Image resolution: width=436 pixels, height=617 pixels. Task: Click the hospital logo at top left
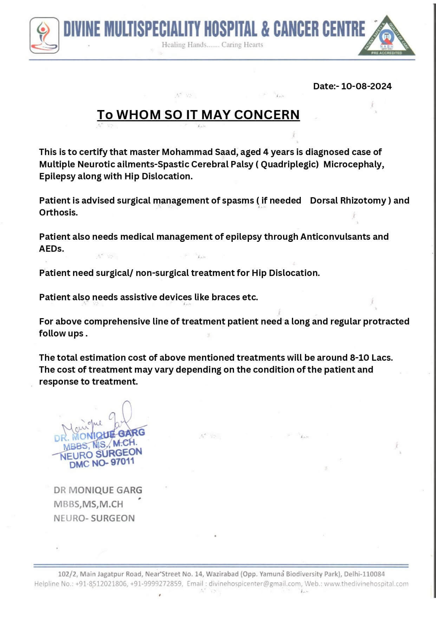tap(44, 35)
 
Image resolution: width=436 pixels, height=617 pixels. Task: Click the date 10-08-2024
tap(366, 86)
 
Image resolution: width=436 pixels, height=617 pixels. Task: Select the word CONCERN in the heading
tap(267, 115)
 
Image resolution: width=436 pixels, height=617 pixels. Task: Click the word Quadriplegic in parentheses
tap(289, 164)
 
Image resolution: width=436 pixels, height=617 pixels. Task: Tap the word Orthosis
tap(58, 212)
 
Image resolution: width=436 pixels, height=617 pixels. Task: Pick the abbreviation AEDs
tap(51, 249)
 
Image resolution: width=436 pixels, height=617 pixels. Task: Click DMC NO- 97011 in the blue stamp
tap(102, 463)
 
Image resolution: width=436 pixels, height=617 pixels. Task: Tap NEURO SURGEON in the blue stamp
tap(101, 454)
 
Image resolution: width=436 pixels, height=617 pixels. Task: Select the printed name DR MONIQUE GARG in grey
tap(98, 490)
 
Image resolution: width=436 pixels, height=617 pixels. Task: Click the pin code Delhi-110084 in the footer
tap(364, 574)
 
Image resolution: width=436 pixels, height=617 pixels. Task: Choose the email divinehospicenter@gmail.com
tap(255, 584)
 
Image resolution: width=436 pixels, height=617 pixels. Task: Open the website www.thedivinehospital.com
tap(366, 584)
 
